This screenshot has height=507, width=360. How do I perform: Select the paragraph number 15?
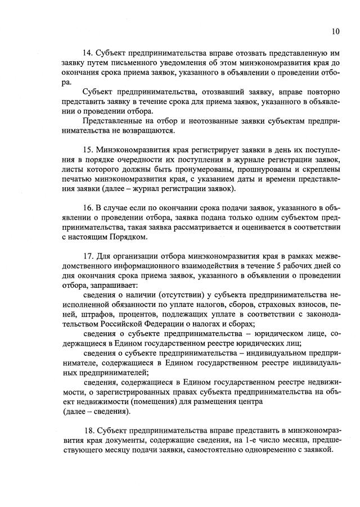click(x=87, y=151)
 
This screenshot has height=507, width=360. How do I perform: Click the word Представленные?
click(x=112, y=121)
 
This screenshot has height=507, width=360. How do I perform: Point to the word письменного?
click(x=130, y=62)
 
